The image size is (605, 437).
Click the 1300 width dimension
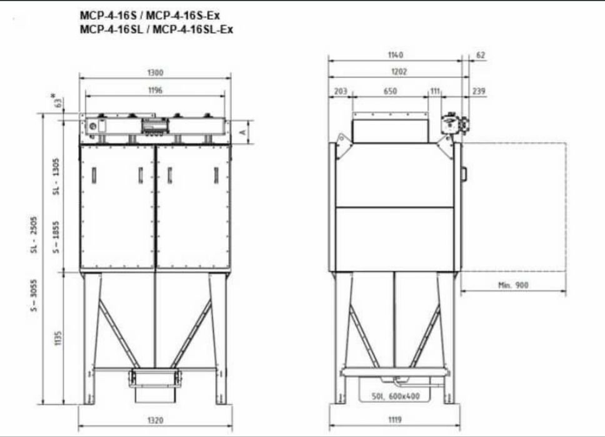pyautogui.click(x=155, y=72)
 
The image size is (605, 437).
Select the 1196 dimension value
pyautogui.click(x=155, y=91)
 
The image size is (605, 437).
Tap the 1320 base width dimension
pyautogui.click(x=155, y=420)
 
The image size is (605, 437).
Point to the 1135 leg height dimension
pyautogui.click(x=58, y=338)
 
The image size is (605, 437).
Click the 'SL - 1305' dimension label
pyautogui.click(x=57, y=177)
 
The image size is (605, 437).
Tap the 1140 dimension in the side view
pyautogui.click(x=396, y=56)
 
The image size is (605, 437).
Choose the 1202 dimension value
pyautogui.click(x=399, y=72)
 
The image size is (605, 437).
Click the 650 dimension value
pyautogui.click(x=390, y=91)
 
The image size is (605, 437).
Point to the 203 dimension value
pyautogui.click(x=341, y=91)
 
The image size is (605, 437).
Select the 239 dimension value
pyautogui.click(x=479, y=91)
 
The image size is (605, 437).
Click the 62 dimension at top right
pyautogui.click(x=480, y=56)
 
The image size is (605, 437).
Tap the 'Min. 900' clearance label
pyautogui.click(x=514, y=285)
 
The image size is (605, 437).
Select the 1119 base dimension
pyautogui.click(x=395, y=420)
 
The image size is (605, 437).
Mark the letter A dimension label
pyautogui.click(x=242, y=132)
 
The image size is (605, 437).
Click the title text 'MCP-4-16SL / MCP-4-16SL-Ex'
pyautogui.click(x=156, y=29)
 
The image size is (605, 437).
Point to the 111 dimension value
pyautogui.click(x=435, y=91)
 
